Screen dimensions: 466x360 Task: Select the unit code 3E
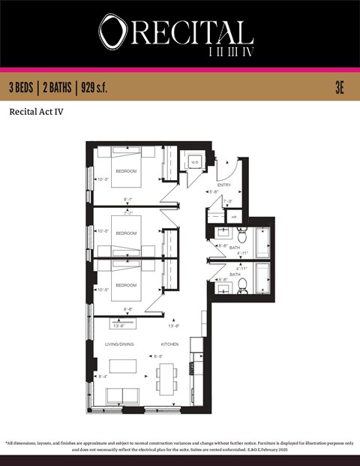pos(339,88)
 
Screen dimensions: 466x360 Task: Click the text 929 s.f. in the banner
pos(91,88)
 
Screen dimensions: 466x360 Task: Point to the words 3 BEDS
pos(22,88)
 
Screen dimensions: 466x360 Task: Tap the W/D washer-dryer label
pos(193,162)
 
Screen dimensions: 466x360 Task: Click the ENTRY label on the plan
pos(224,184)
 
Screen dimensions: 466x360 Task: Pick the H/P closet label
pos(233,216)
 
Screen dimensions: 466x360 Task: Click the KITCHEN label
pos(170,344)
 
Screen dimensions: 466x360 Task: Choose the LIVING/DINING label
pos(118,344)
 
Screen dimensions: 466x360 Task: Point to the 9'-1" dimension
pos(128,199)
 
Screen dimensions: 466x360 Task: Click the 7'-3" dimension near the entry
pos(228,201)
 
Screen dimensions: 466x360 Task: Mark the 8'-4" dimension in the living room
pos(102,377)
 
